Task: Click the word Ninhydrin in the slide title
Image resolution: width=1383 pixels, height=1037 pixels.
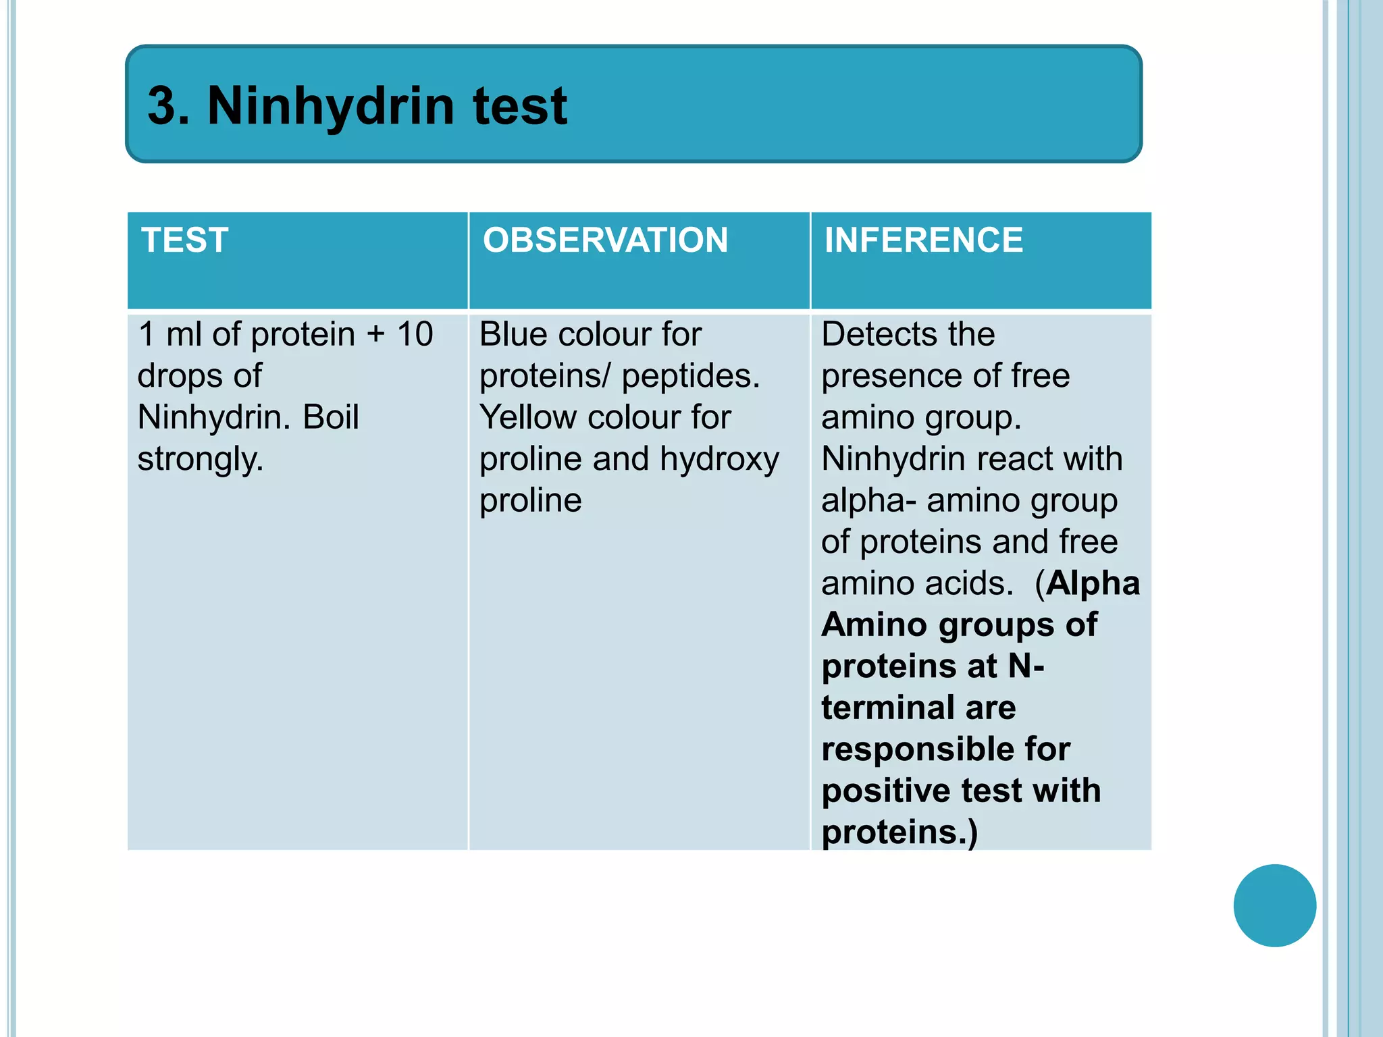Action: click(x=331, y=106)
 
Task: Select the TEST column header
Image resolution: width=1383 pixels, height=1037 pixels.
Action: click(x=185, y=240)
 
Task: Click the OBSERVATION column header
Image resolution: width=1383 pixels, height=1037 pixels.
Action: click(x=605, y=240)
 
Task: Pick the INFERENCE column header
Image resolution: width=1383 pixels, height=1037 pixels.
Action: click(x=923, y=240)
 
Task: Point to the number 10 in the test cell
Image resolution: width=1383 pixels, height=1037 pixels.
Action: click(x=415, y=334)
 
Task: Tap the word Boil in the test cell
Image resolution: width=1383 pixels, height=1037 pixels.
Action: click(x=330, y=417)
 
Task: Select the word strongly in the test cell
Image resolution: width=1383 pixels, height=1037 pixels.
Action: click(x=200, y=460)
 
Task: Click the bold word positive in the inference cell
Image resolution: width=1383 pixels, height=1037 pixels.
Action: click(x=885, y=791)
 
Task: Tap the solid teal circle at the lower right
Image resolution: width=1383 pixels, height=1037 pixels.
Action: click(x=1274, y=905)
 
